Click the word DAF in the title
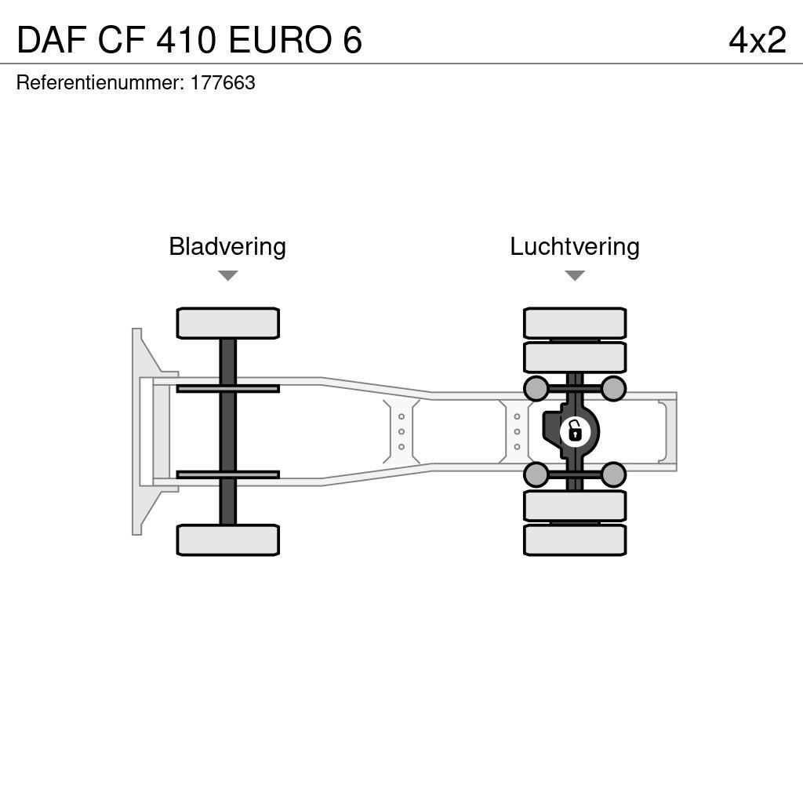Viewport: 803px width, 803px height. click(52, 40)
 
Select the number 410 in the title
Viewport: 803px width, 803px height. click(187, 40)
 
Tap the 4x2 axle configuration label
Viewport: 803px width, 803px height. click(757, 40)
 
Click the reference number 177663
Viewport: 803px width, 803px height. click(223, 83)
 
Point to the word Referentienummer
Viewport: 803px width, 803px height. click(99, 83)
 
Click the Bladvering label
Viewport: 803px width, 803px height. click(227, 247)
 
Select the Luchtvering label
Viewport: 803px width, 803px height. click(575, 247)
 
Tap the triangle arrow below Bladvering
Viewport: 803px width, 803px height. click(227, 275)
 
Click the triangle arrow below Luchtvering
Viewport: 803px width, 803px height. click(575, 275)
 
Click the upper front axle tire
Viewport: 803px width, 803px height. click(227, 323)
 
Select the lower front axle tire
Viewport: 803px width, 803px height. click(227, 540)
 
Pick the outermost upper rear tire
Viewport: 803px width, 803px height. click(575, 323)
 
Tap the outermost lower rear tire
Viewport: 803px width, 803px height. click(575, 540)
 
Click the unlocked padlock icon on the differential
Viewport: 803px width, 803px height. click(575, 431)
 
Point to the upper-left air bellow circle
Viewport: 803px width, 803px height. click(536, 388)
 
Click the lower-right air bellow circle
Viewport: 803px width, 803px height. click(613, 474)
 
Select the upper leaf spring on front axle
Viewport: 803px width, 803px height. click(227, 388)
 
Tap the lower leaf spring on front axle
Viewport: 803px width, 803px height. click(227, 474)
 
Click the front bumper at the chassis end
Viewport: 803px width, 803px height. click(138, 431)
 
